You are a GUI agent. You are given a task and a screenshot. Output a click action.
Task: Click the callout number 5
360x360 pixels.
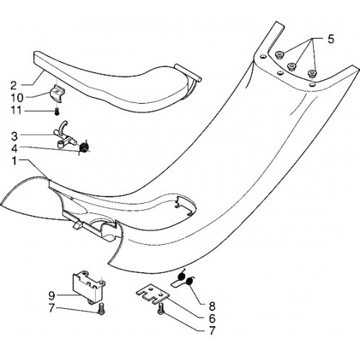[x=330, y=39]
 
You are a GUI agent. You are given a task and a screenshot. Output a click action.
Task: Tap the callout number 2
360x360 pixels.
[x=14, y=86]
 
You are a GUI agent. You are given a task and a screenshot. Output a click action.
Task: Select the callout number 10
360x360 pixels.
[x=17, y=98]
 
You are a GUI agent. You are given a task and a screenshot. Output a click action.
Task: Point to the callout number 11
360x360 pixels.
[x=16, y=111]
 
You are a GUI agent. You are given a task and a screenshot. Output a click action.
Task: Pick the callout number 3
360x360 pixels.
[x=14, y=136]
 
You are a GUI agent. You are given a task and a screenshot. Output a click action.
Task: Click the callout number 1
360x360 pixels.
[x=14, y=161]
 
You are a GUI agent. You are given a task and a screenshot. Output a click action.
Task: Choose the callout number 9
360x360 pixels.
[x=52, y=296]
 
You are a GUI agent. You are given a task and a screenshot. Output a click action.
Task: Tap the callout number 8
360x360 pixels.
[x=212, y=306]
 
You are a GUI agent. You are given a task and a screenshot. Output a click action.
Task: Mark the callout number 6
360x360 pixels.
[x=212, y=318]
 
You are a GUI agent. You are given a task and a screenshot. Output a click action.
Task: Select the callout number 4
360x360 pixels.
[x=14, y=148]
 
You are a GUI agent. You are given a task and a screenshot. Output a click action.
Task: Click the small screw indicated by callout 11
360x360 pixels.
[x=57, y=112]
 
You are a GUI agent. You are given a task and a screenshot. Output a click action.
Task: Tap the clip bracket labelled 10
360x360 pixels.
[x=56, y=94]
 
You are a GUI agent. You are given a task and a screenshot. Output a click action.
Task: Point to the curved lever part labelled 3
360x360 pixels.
[x=64, y=135]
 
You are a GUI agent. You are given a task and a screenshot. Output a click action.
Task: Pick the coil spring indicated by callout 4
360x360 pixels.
[x=84, y=146]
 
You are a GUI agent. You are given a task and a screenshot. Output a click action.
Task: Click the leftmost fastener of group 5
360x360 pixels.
[x=279, y=55]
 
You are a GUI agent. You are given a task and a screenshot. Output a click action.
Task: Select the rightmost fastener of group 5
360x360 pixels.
[x=312, y=73]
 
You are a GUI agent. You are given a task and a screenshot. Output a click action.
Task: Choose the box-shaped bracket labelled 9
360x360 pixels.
[x=89, y=287]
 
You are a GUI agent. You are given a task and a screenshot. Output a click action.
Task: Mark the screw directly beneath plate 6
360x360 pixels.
[x=161, y=308]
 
